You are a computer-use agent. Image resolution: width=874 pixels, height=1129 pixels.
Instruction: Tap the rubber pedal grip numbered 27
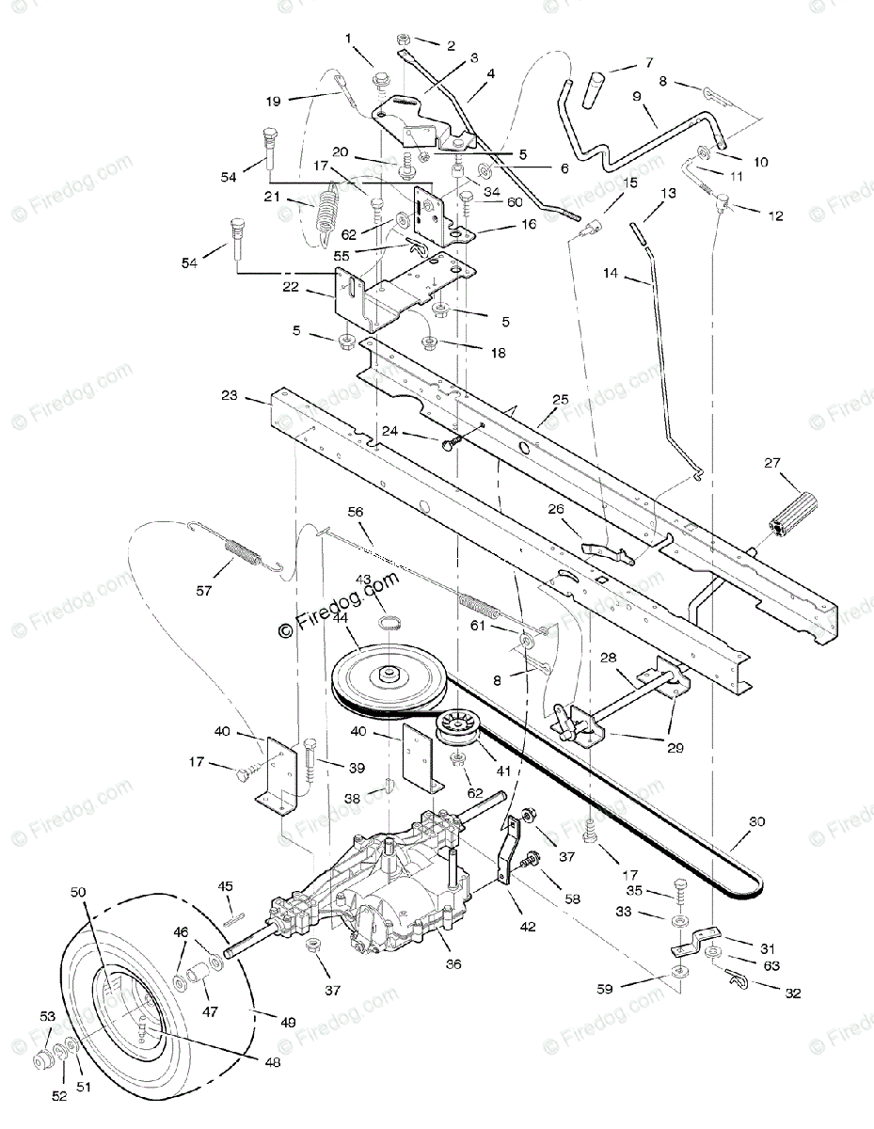pyautogui.click(x=795, y=514)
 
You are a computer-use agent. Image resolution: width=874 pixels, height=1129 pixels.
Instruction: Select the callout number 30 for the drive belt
pyautogui.click(x=757, y=821)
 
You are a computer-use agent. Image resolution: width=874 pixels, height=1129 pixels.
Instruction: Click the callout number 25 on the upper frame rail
pyautogui.click(x=561, y=400)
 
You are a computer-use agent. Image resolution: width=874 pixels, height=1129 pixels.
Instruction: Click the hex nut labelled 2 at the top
pyautogui.click(x=403, y=40)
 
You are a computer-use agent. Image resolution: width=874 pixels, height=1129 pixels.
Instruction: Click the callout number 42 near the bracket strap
pyautogui.click(x=527, y=927)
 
